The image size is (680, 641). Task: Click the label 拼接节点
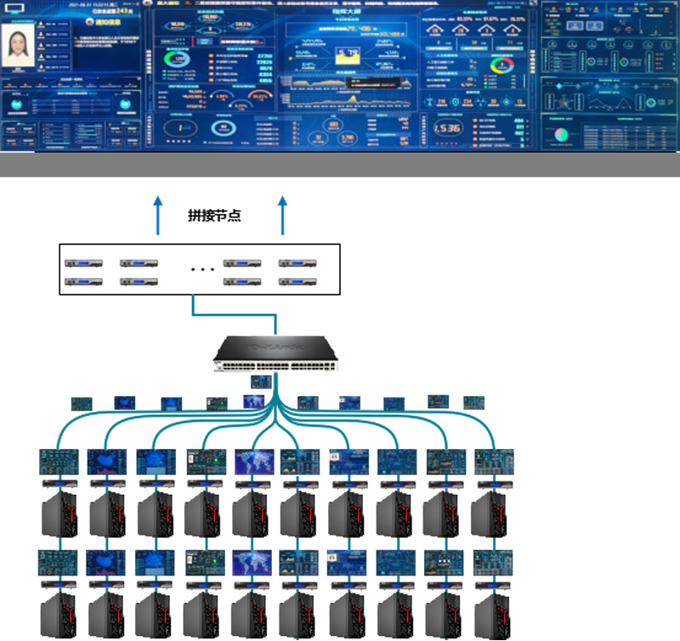[214, 216]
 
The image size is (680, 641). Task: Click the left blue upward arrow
[156, 213]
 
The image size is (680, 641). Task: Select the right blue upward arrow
[283, 213]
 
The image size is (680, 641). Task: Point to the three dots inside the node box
[202, 270]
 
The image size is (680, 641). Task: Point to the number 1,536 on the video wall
[447, 128]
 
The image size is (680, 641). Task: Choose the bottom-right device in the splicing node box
[294, 281]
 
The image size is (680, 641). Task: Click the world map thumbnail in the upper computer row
[254, 462]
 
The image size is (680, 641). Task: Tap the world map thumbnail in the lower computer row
[254, 562]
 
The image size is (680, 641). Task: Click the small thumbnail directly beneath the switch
[261, 383]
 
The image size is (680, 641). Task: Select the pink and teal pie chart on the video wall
[559, 133]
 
